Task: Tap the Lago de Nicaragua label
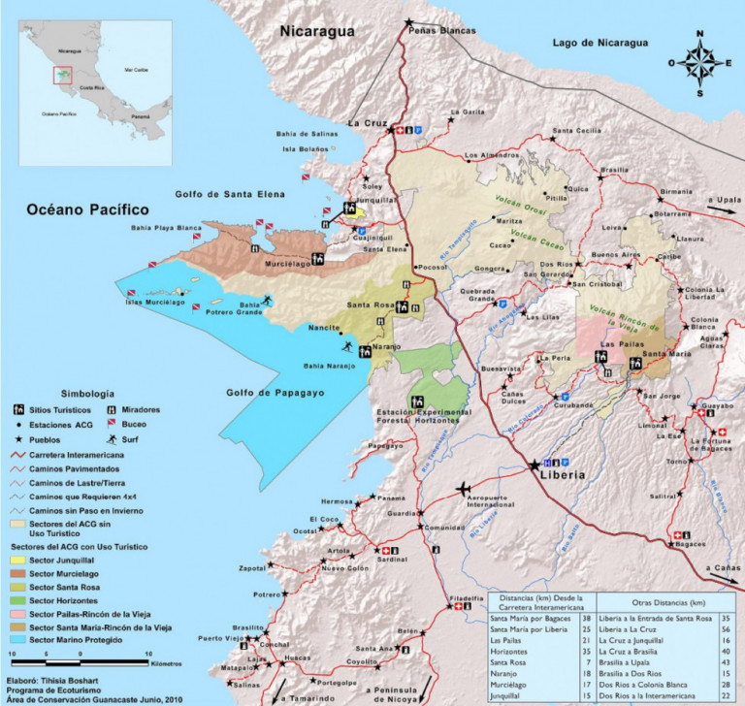click(x=599, y=44)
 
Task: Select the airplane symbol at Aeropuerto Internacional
click(x=464, y=487)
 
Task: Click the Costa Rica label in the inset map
click(x=93, y=86)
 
